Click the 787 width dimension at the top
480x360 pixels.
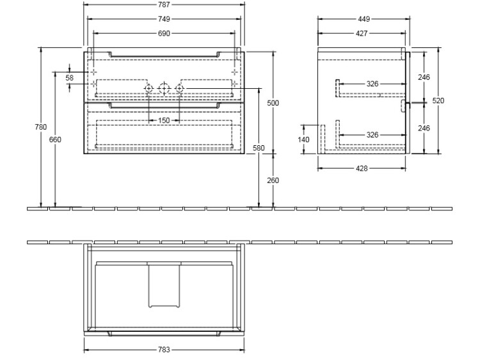coord(164,4)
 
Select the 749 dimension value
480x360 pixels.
coord(164,19)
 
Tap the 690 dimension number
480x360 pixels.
coord(164,33)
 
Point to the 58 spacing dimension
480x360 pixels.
coord(70,77)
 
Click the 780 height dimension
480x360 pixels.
coord(41,127)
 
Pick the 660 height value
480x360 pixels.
coord(55,139)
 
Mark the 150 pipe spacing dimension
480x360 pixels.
coord(164,120)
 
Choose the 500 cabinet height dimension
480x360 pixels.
coord(273,103)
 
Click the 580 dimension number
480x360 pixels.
coord(259,148)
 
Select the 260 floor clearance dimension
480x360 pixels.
coord(273,180)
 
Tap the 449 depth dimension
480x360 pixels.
coord(364,19)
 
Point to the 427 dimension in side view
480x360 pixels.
coord(362,33)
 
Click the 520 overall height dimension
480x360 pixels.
coord(438,100)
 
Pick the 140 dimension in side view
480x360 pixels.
coord(303,139)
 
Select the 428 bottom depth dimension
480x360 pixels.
coord(362,168)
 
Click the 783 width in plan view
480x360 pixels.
coord(164,349)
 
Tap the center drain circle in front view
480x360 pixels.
coord(164,88)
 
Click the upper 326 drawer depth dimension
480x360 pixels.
coord(372,84)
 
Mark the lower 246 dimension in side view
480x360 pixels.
coord(424,128)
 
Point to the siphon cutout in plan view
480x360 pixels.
coord(164,285)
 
